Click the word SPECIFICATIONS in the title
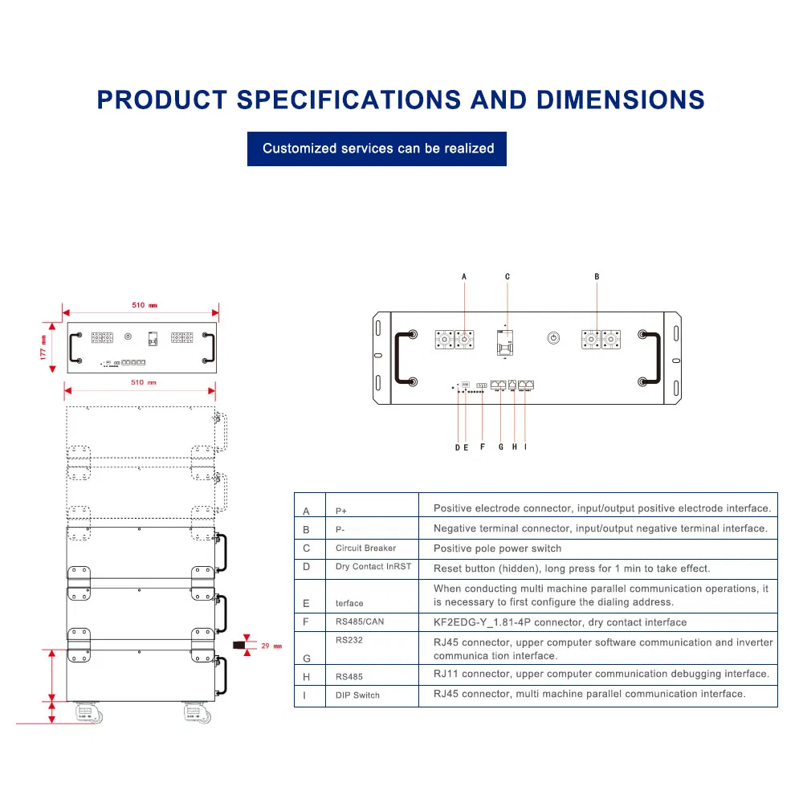pos(348,100)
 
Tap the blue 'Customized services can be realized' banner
pos(377,149)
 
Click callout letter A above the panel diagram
pos(464,276)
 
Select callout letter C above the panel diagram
pos(507,276)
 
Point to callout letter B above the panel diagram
pos(597,276)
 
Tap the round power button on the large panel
pos(552,338)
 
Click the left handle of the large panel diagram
pos(403,359)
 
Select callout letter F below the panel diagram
pos(482,447)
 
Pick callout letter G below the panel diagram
pos(500,447)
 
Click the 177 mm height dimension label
pos(45,347)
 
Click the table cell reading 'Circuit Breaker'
pos(365,548)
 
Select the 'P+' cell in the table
pos(342,511)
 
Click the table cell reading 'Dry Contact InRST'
pos(373,567)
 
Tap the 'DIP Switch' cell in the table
pos(357,695)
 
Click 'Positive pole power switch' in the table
pos(497,548)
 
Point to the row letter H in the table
pos(306,677)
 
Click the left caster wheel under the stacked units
pos(84,711)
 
